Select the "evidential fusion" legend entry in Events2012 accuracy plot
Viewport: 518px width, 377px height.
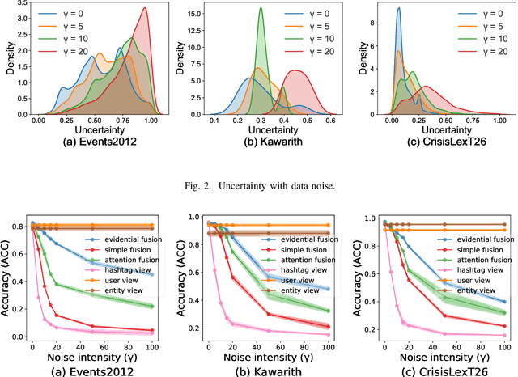pyautogui.click(x=126, y=240)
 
